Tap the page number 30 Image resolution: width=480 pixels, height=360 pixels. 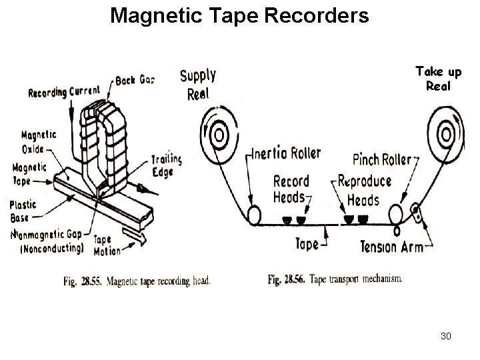point(446,335)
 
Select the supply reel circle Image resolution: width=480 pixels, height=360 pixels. point(217,136)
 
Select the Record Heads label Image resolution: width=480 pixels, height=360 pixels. point(291,189)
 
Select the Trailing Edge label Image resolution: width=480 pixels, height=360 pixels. point(163,165)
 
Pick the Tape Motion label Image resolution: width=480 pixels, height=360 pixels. point(107,245)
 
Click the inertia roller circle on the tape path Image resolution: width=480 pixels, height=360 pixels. point(253,215)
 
